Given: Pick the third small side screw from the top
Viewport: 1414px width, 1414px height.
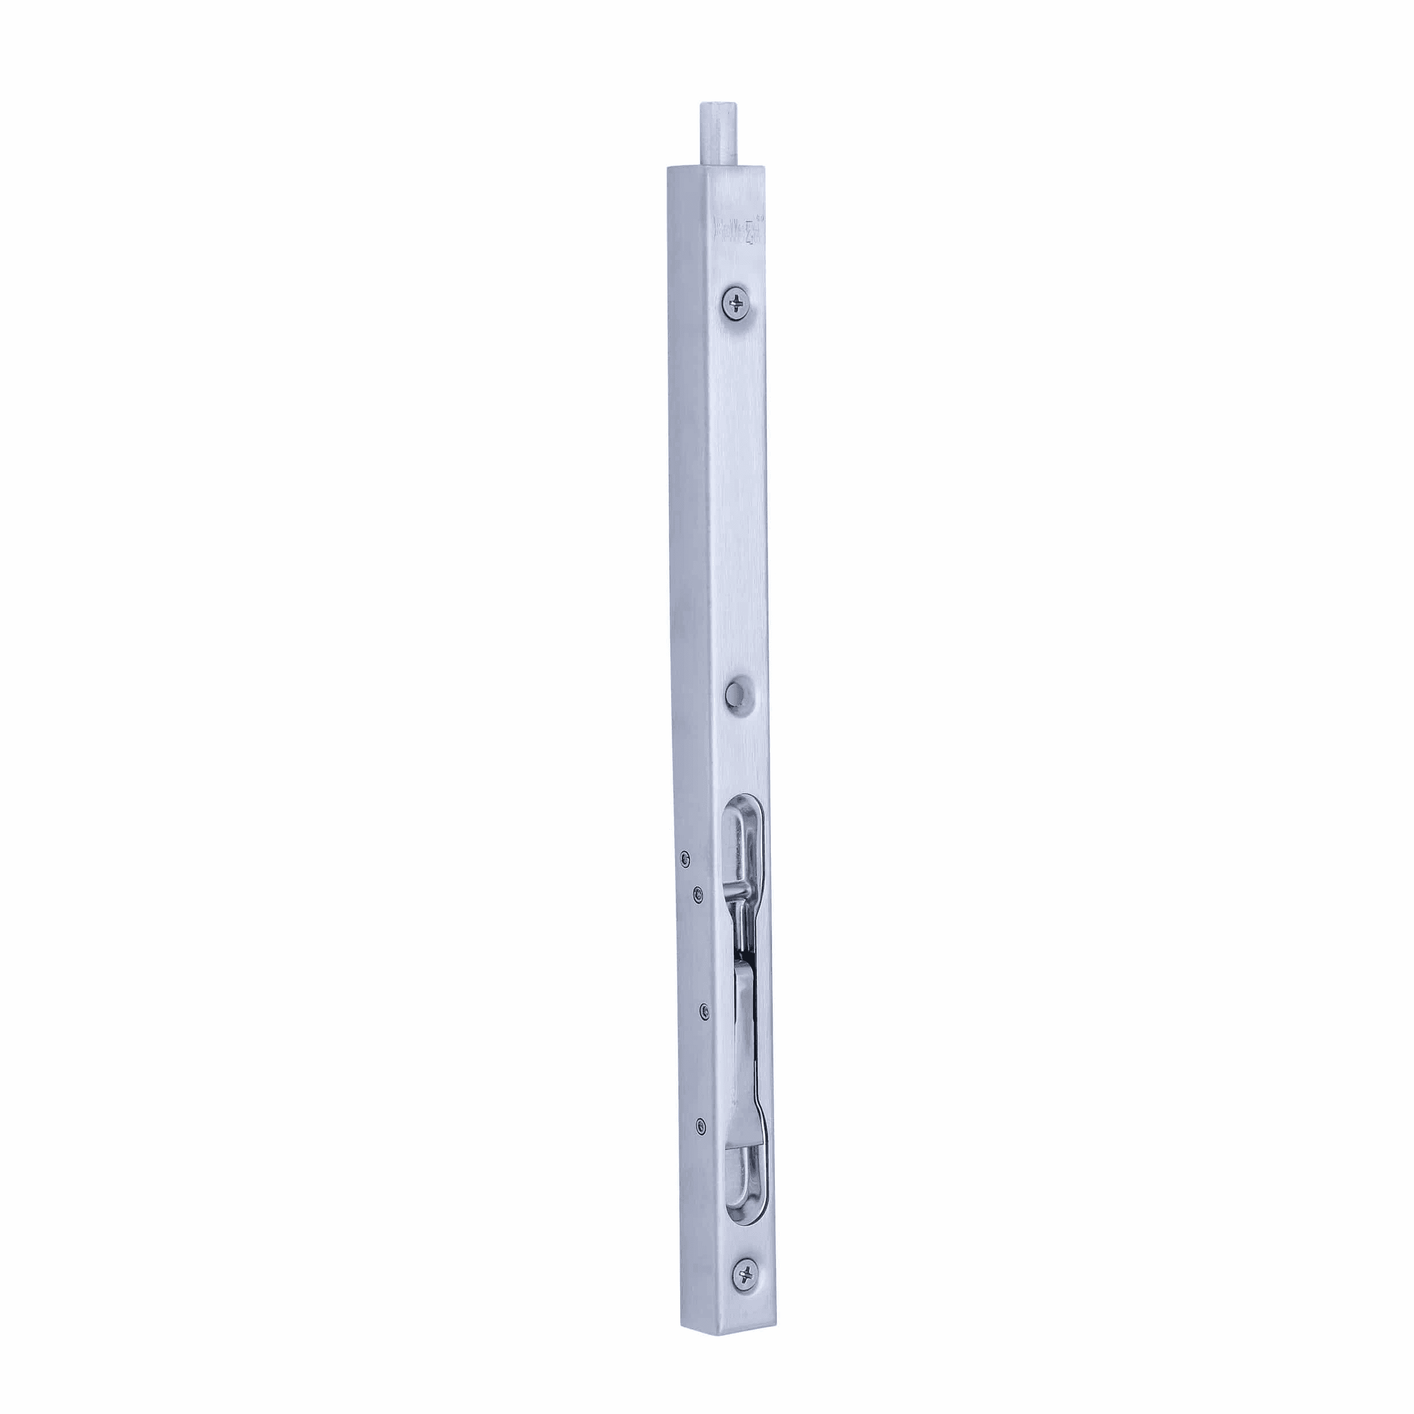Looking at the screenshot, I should pos(705,1011).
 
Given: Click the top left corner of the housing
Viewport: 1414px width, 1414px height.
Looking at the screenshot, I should pos(668,169).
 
